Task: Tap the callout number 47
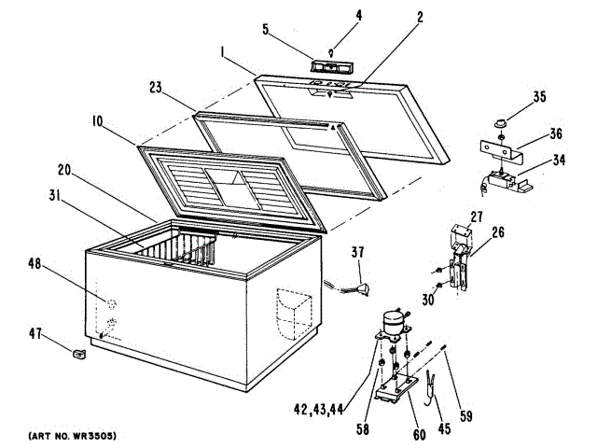[37, 333]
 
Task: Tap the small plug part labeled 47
[79, 352]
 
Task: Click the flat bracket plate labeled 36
[501, 149]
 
